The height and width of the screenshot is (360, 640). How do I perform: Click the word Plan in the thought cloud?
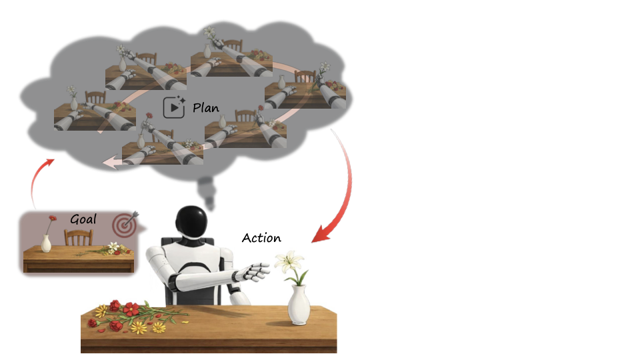click(x=206, y=107)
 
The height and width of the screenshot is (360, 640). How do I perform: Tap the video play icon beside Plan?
click(x=174, y=107)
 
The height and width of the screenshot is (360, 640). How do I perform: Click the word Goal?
click(x=83, y=219)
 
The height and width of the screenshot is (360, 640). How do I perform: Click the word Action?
click(x=261, y=238)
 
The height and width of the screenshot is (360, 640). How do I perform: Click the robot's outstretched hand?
click(x=253, y=273)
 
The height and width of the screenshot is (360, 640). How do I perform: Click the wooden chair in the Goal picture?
click(x=78, y=237)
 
